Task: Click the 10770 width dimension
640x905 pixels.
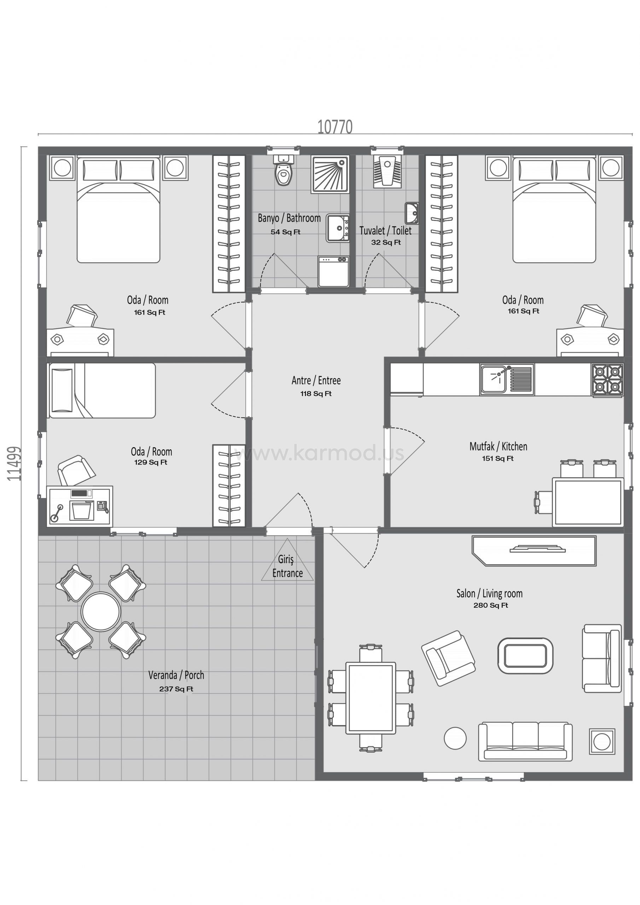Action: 335,127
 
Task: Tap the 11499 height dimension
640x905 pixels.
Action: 14,464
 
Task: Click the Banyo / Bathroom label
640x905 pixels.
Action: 289,218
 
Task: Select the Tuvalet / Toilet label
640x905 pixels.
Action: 385,230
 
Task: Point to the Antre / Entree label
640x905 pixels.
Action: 316,380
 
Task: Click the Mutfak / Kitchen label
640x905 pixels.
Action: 498,446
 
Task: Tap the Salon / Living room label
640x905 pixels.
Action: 489,594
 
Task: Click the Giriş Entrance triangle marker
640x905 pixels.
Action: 287,560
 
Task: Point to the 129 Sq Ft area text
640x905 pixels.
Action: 151,462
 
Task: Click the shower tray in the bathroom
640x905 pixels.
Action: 330,174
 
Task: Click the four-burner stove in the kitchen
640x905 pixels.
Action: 607,380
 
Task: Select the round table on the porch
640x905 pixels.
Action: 100,611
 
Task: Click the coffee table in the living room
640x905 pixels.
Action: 525,656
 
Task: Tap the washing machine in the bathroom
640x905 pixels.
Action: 333,271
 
